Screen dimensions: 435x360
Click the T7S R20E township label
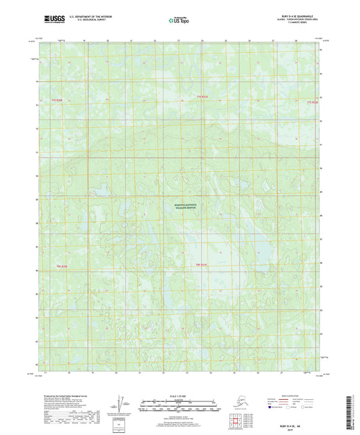click(x=59, y=100)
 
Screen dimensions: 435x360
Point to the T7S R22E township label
click(x=311, y=103)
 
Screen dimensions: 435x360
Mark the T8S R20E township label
click(x=61, y=266)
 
